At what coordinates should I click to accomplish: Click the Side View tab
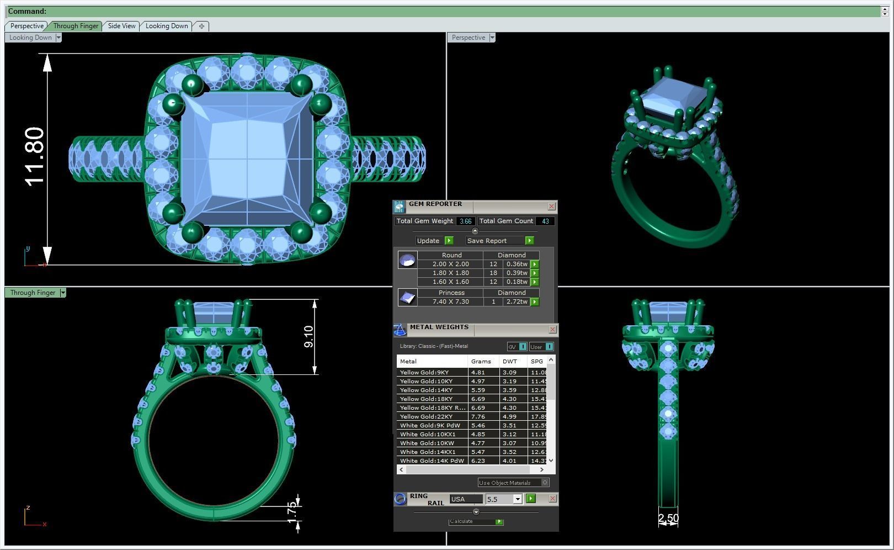coord(121,26)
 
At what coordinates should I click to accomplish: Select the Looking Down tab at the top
coord(167,26)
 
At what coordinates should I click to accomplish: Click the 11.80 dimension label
coord(34,157)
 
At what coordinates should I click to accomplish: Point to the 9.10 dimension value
coord(308,337)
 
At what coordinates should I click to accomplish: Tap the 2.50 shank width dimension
coord(668,518)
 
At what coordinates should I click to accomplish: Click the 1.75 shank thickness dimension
coord(292,512)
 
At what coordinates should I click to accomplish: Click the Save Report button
coord(487,241)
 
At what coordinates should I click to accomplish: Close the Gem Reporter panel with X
coord(551,206)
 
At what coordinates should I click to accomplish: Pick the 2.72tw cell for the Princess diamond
coord(517,302)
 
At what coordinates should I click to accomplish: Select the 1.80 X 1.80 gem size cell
coord(450,273)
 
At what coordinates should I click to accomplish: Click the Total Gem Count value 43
coord(545,221)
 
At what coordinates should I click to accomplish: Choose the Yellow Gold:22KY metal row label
coord(426,416)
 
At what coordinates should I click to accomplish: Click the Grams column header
coord(481,361)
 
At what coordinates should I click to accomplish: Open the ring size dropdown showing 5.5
coord(517,499)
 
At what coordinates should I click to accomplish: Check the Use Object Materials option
coord(545,483)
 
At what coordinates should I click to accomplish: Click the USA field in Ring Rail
coord(465,499)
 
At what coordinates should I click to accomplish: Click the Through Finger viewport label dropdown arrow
coord(63,293)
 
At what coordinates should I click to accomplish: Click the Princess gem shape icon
coord(407,298)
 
